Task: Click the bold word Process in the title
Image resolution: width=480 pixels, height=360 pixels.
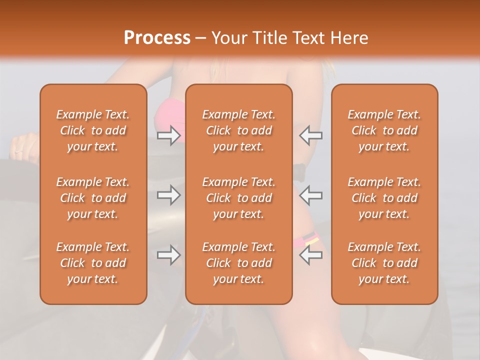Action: point(157,38)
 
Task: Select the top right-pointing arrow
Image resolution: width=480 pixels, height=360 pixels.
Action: point(168,135)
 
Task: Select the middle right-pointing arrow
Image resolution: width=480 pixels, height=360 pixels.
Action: point(168,195)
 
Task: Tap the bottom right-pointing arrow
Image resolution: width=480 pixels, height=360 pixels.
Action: point(168,255)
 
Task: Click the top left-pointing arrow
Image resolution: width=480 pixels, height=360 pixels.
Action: point(310,135)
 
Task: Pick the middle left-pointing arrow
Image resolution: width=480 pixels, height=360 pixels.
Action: point(310,195)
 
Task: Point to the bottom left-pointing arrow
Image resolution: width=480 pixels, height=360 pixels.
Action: point(310,255)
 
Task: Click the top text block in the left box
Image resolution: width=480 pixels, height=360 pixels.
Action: point(93,130)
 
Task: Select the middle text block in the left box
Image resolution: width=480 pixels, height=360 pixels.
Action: point(93,198)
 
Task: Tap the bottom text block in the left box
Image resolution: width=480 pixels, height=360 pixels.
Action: point(93,263)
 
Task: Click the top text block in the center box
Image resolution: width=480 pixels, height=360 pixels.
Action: point(238,130)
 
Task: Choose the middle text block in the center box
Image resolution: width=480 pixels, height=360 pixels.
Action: point(238,198)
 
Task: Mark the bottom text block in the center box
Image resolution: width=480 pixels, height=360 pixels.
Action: point(238,263)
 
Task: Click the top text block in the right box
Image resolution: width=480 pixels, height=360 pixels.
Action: point(384,130)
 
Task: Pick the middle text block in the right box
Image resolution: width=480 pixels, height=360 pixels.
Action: point(384,198)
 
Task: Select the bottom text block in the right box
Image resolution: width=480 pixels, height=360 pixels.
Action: point(384,263)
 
